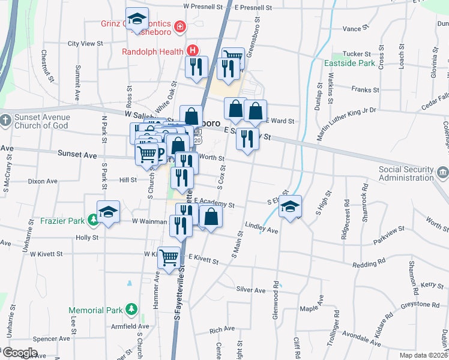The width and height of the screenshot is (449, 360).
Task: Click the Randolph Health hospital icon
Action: pyautogui.click(x=192, y=51)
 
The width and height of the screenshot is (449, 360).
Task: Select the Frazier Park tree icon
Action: pyautogui.click(x=93, y=221)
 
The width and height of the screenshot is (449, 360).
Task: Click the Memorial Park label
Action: pyautogui.click(x=95, y=311)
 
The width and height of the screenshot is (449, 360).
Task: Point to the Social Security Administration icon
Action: pyautogui.click(x=442, y=173)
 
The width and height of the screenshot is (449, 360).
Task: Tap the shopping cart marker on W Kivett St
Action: pyautogui.click(x=169, y=257)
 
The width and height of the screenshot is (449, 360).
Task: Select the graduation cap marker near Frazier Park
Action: pyautogui.click(x=108, y=212)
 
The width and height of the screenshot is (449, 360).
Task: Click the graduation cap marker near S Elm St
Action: pyautogui.click(x=290, y=207)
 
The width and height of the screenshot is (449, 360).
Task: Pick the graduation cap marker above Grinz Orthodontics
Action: pyautogui.click(x=137, y=19)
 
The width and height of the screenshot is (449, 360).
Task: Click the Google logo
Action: pyautogui.click(x=20, y=352)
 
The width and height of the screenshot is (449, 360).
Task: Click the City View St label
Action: pyautogui.click(x=86, y=44)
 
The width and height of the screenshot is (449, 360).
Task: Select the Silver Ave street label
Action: pyautogui.click(x=251, y=290)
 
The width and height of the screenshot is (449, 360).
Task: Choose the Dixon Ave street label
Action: pyautogui.click(x=42, y=181)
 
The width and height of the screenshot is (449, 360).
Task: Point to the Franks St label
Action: pyautogui.click(x=366, y=90)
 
